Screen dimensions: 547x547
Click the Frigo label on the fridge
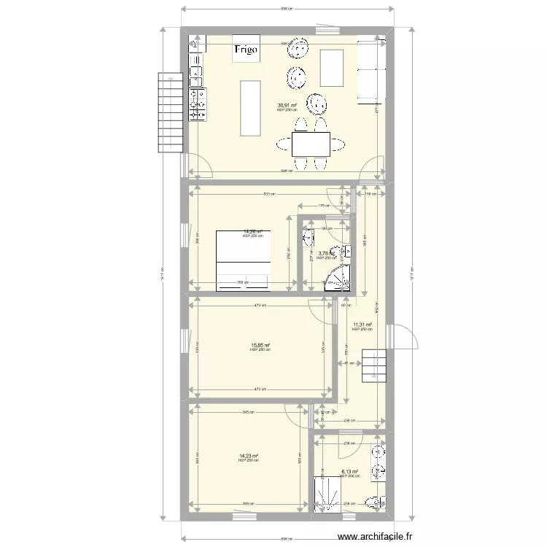click(x=245, y=50)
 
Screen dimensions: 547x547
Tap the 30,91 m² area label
click(x=287, y=106)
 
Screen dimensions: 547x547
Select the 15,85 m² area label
click(x=260, y=346)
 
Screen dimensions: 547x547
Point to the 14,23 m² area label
click(x=249, y=456)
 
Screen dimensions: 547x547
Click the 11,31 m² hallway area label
click(x=362, y=325)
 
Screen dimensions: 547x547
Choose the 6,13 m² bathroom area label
click(x=351, y=472)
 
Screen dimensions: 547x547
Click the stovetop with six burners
click(x=197, y=104)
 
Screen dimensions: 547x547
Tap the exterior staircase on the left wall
click(x=170, y=112)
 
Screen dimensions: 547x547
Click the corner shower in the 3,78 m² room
click(x=338, y=281)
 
